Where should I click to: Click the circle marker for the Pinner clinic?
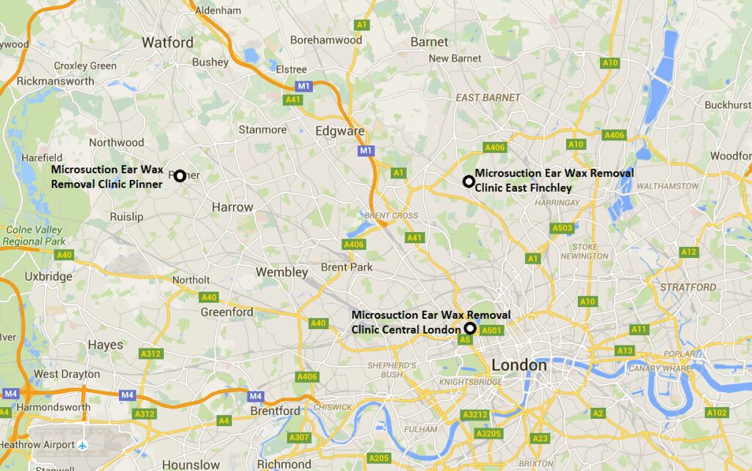179,175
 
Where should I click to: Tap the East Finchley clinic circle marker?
468,181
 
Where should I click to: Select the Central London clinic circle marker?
470,328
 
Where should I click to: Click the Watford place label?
167,42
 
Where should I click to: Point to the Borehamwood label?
326,40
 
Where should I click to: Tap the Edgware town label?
340,131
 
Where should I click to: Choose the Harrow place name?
232,207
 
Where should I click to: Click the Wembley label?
282,272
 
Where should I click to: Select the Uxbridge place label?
48,276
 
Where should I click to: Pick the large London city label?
519,365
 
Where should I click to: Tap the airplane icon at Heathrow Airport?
83,445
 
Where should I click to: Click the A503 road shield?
562,229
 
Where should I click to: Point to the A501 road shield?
492,331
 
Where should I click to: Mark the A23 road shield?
540,439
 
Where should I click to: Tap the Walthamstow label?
668,186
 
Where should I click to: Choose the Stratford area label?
688,287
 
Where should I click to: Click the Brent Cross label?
391,216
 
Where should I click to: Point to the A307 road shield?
300,438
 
